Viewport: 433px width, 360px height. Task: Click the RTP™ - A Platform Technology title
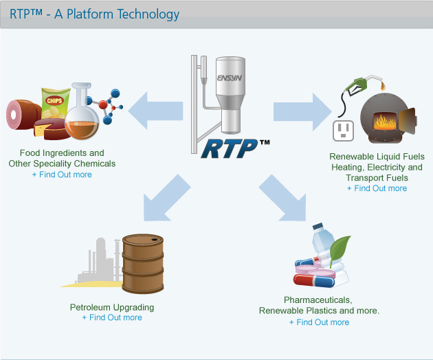pos(94,14)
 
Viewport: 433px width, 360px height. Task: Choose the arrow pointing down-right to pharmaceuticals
pos(284,200)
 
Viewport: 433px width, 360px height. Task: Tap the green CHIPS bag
pos(54,103)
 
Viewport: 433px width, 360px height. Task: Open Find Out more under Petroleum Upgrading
pos(112,317)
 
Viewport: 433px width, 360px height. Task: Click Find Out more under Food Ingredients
pos(62,175)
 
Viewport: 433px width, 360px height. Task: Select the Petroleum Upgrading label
pos(112,307)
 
